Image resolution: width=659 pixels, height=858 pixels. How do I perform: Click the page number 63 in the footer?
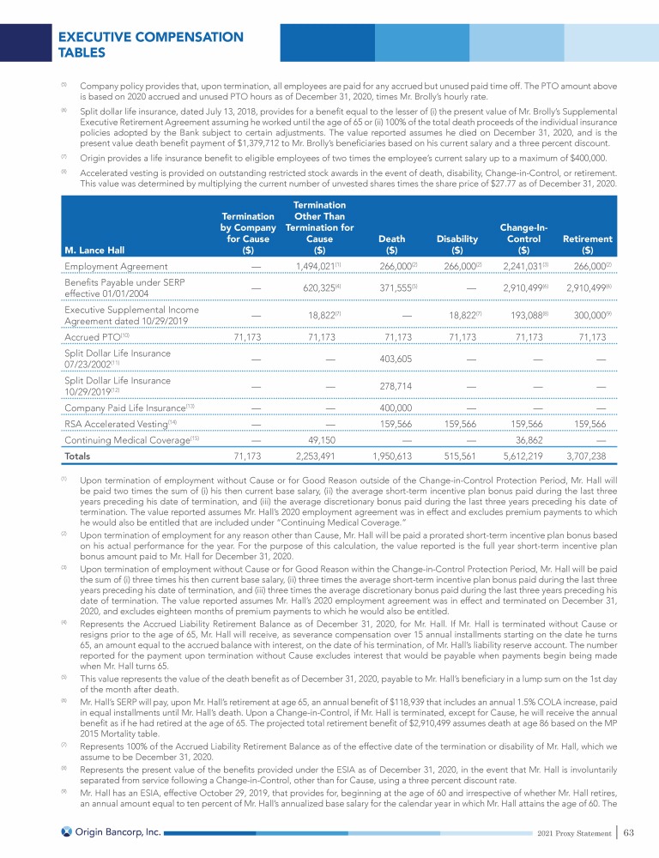628,831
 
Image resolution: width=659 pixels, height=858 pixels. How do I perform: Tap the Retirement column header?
587,245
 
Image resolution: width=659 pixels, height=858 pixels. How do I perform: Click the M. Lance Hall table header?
94,251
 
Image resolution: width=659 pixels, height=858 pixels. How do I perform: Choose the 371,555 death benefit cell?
395,289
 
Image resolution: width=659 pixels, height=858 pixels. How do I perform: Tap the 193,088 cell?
511,317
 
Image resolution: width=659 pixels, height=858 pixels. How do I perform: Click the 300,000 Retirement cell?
587,317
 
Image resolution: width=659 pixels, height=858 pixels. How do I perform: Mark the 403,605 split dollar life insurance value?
395,359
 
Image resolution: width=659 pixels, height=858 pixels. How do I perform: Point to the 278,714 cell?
395,386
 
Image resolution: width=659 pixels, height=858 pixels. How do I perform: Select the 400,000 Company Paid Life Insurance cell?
395,407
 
